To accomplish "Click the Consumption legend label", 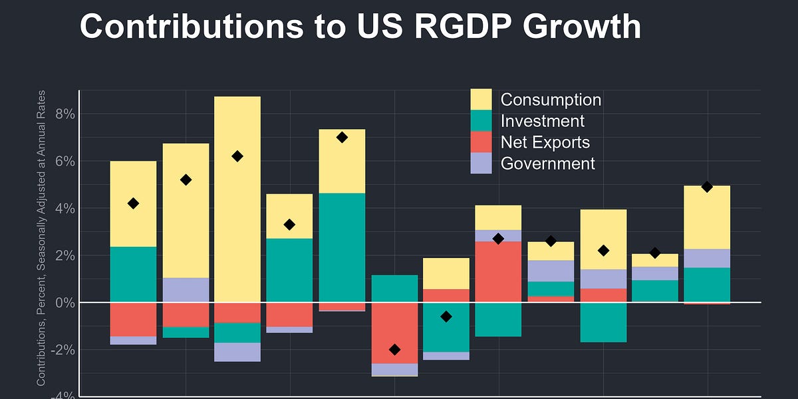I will click(x=551, y=100).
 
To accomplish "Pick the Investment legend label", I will click(x=542, y=121).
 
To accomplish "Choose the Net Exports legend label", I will click(x=545, y=142).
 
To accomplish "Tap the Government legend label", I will click(x=547, y=164).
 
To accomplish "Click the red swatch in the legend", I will click(x=481, y=142).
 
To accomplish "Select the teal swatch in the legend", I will click(x=481, y=121).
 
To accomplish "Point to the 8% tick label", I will click(x=65, y=114).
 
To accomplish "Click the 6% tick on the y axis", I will click(x=65, y=162).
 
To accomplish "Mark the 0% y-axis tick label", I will click(x=65, y=303).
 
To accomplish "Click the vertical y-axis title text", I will click(x=41, y=237).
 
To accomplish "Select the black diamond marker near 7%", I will click(x=342, y=138).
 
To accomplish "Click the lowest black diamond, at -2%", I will click(x=394, y=349).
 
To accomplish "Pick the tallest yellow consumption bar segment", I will click(x=237, y=199).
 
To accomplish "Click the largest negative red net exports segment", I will click(x=394, y=332).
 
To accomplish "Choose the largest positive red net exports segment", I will click(x=498, y=271).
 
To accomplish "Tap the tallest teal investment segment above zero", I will click(x=342, y=247).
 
